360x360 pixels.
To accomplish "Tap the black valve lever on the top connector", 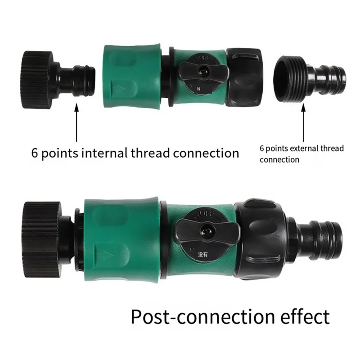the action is tap(200, 70).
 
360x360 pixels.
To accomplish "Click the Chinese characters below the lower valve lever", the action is tap(203, 255).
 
